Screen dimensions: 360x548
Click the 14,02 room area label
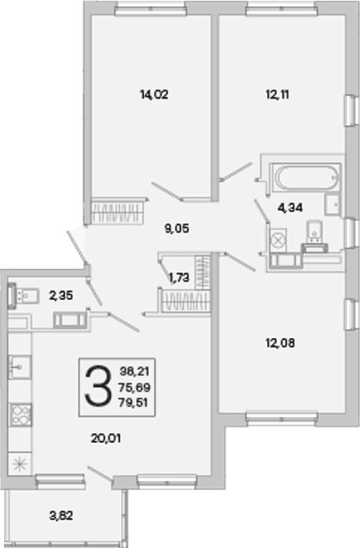154,94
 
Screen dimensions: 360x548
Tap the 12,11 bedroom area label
277,94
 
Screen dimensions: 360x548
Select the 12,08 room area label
280,343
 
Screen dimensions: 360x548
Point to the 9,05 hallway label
177,228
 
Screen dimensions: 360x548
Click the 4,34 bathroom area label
290,208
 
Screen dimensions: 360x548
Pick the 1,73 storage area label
179,278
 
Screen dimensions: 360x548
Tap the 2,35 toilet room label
62,296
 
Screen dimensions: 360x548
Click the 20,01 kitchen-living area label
106,438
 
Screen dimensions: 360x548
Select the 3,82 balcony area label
62,516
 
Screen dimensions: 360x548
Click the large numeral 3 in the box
98,386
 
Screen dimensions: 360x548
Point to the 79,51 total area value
133,402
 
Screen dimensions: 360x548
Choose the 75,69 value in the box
134,388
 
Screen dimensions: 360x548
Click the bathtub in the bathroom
306,178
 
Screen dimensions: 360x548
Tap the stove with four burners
20,415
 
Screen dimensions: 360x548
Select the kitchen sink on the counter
20,367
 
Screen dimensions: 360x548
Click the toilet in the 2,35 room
24,296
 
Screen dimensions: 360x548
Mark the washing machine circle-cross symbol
278,241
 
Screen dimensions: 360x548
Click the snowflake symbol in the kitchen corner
20,463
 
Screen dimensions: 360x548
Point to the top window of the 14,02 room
150,10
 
